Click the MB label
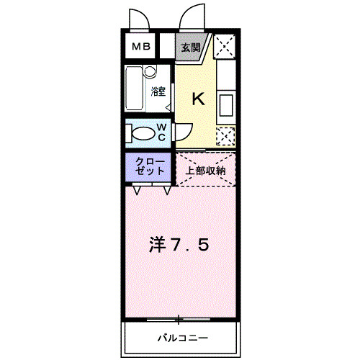[141, 46]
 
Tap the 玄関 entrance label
[191, 48]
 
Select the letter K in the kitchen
[199, 99]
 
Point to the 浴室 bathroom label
[158, 91]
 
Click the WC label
[162, 132]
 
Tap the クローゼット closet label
[150, 166]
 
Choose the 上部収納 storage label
[206, 171]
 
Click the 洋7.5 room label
[179, 245]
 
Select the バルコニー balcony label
[183, 338]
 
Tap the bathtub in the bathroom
[135, 89]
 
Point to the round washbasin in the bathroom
[150, 71]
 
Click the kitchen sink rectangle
[226, 106]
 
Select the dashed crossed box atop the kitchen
[225, 46]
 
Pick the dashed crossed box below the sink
[225, 137]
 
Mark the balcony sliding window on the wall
[179, 320]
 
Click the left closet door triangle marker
[137, 190]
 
